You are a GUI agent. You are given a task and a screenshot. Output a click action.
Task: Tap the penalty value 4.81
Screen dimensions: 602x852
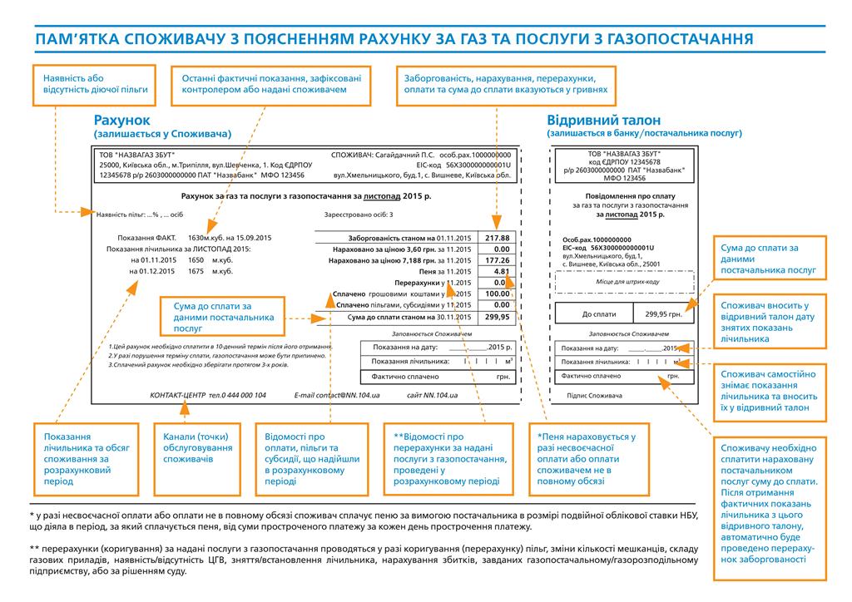[x=501, y=271]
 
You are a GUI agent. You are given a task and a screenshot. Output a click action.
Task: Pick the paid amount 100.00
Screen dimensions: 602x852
[x=498, y=294]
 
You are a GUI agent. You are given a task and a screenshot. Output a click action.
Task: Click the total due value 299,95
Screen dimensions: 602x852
[x=498, y=317]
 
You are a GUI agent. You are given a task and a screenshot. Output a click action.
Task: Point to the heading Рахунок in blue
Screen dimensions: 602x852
[x=122, y=120]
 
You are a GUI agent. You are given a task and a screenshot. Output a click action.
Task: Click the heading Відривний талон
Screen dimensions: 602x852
[x=597, y=119]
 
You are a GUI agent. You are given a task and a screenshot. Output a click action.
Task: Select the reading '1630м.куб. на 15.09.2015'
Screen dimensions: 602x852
[x=230, y=238]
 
